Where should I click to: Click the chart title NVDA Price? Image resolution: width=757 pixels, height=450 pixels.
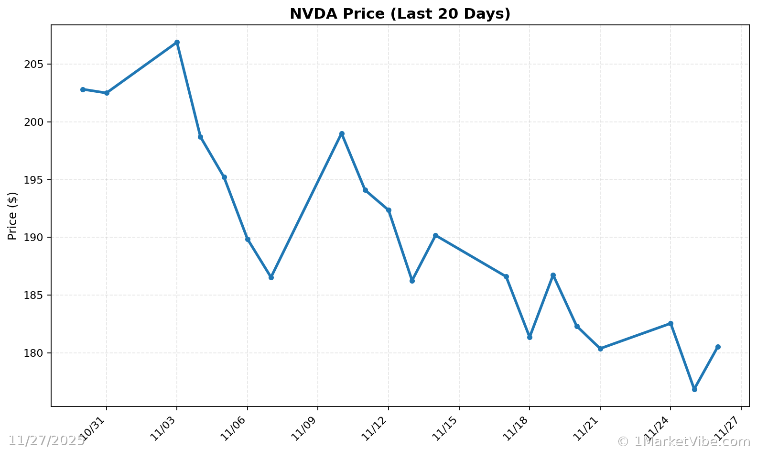point(400,14)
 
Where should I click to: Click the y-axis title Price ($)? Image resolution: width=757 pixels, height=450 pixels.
point(13,216)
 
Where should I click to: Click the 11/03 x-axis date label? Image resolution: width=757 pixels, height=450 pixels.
point(163,428)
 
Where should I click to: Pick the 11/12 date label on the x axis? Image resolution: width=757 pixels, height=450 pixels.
point(375,428)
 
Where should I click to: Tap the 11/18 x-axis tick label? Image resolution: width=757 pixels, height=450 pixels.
point(516,428)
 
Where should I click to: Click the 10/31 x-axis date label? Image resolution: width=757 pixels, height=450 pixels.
point(93,428)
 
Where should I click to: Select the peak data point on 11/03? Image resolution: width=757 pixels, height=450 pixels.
point(177,42)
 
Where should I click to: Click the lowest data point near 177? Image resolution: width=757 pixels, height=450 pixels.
point(694,389)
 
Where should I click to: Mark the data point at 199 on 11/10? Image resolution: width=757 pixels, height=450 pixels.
point(342,134)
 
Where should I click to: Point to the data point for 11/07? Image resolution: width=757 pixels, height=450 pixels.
point(271,277)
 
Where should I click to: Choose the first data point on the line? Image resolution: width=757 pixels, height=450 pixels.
point(83,89)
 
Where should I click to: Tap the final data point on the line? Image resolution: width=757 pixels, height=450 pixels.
point(718,347)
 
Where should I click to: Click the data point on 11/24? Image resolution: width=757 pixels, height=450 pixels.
point(670,323)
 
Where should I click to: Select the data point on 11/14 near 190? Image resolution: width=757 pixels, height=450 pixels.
point(435,235)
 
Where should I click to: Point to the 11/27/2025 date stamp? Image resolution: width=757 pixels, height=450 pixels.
point(46,440)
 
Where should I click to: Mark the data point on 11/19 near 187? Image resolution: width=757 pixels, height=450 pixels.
point(553,275)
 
